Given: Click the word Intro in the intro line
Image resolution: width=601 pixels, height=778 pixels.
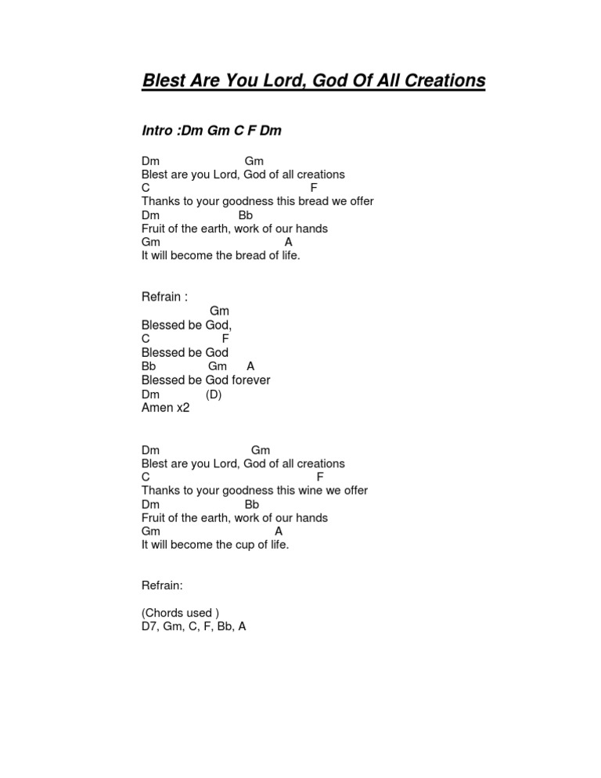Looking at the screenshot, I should (158, 131).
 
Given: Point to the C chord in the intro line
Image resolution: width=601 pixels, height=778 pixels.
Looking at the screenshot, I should (233, 131).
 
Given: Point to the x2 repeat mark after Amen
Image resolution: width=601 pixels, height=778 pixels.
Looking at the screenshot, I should (183, 408).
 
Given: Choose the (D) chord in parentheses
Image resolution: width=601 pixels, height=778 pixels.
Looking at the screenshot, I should (214, 394).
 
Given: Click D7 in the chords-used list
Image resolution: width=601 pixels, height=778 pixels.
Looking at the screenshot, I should (149, 626).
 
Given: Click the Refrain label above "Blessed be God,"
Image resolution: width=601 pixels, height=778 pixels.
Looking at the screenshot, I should (162, 297).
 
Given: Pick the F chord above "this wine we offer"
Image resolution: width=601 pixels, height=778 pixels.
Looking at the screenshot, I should (320, 477).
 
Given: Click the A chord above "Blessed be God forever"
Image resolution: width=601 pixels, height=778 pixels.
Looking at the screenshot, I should (250, 366).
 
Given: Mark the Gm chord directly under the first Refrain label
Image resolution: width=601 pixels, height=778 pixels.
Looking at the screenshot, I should (219, 312).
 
